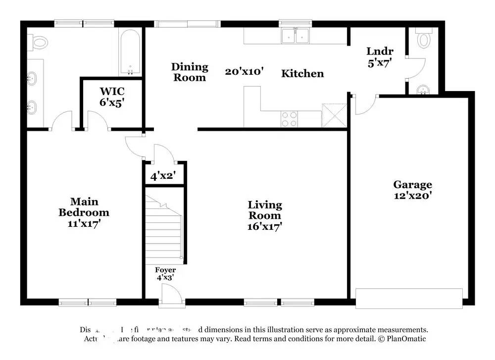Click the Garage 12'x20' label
coord(412,190)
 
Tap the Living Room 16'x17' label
coord(265,216)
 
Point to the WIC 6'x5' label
coord(112,97)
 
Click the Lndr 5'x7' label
coord(380,56)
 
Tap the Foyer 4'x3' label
coord(165,273)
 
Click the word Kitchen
coord(302,74)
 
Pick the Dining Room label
coord(190,72)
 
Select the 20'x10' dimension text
coord(244,72)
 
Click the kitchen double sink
coord(295,36)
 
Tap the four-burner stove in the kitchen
coord(290,119)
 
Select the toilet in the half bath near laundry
coord(424,40)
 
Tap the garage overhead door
coord(409,299)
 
